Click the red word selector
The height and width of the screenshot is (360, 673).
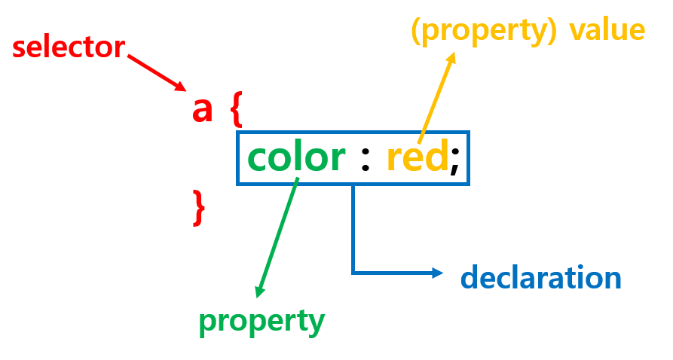point(68,48)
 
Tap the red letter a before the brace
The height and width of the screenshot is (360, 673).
point(203,110)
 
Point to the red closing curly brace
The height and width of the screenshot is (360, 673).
point(199,208)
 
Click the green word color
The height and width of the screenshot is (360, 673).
point(296,158)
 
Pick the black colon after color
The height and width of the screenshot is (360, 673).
point(366,160)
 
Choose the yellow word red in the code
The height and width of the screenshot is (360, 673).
point(418,158)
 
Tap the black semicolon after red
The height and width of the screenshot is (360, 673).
point(454,161)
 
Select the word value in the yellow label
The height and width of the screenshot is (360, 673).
point(607,30)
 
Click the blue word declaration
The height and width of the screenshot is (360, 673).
point(540,278)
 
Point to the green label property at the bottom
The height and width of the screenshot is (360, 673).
point(262,322)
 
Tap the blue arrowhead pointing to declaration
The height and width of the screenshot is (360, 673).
point(439,273)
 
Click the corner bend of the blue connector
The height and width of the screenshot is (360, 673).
point(353,273)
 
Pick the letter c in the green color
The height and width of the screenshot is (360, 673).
point(259,159)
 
